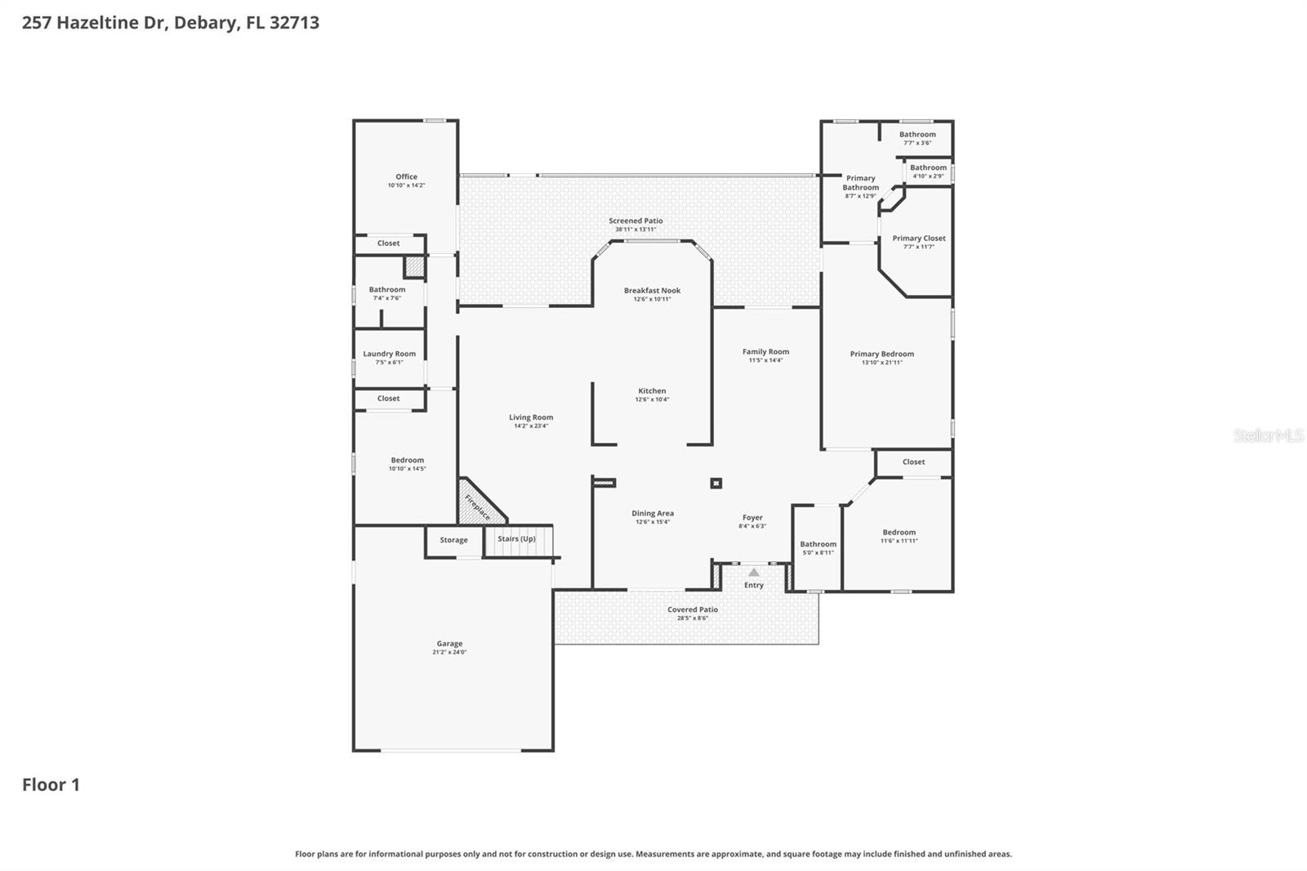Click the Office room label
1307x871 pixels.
[406, 176]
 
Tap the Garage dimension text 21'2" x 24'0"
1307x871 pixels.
[449, 652]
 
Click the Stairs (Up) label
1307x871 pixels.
[517, 539]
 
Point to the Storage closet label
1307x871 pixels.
[453, 540]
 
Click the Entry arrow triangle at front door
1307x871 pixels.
[753, 573]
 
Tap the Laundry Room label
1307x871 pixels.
[389, 354]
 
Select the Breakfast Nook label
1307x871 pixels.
[652, 291]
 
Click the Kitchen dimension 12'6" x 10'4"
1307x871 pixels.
[652, 400]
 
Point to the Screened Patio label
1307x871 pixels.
[636, 221]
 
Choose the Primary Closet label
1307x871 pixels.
[918, 239]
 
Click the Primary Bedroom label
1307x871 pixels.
[881, 354]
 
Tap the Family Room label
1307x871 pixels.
[765, 352]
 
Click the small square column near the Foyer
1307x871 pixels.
[716, 483]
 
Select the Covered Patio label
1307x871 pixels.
[692, 610]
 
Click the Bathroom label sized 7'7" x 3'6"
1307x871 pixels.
[917, 135]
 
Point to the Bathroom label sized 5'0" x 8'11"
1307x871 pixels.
[818, 544]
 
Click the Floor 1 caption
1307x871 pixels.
[51, 785]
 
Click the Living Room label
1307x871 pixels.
[531, 418]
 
